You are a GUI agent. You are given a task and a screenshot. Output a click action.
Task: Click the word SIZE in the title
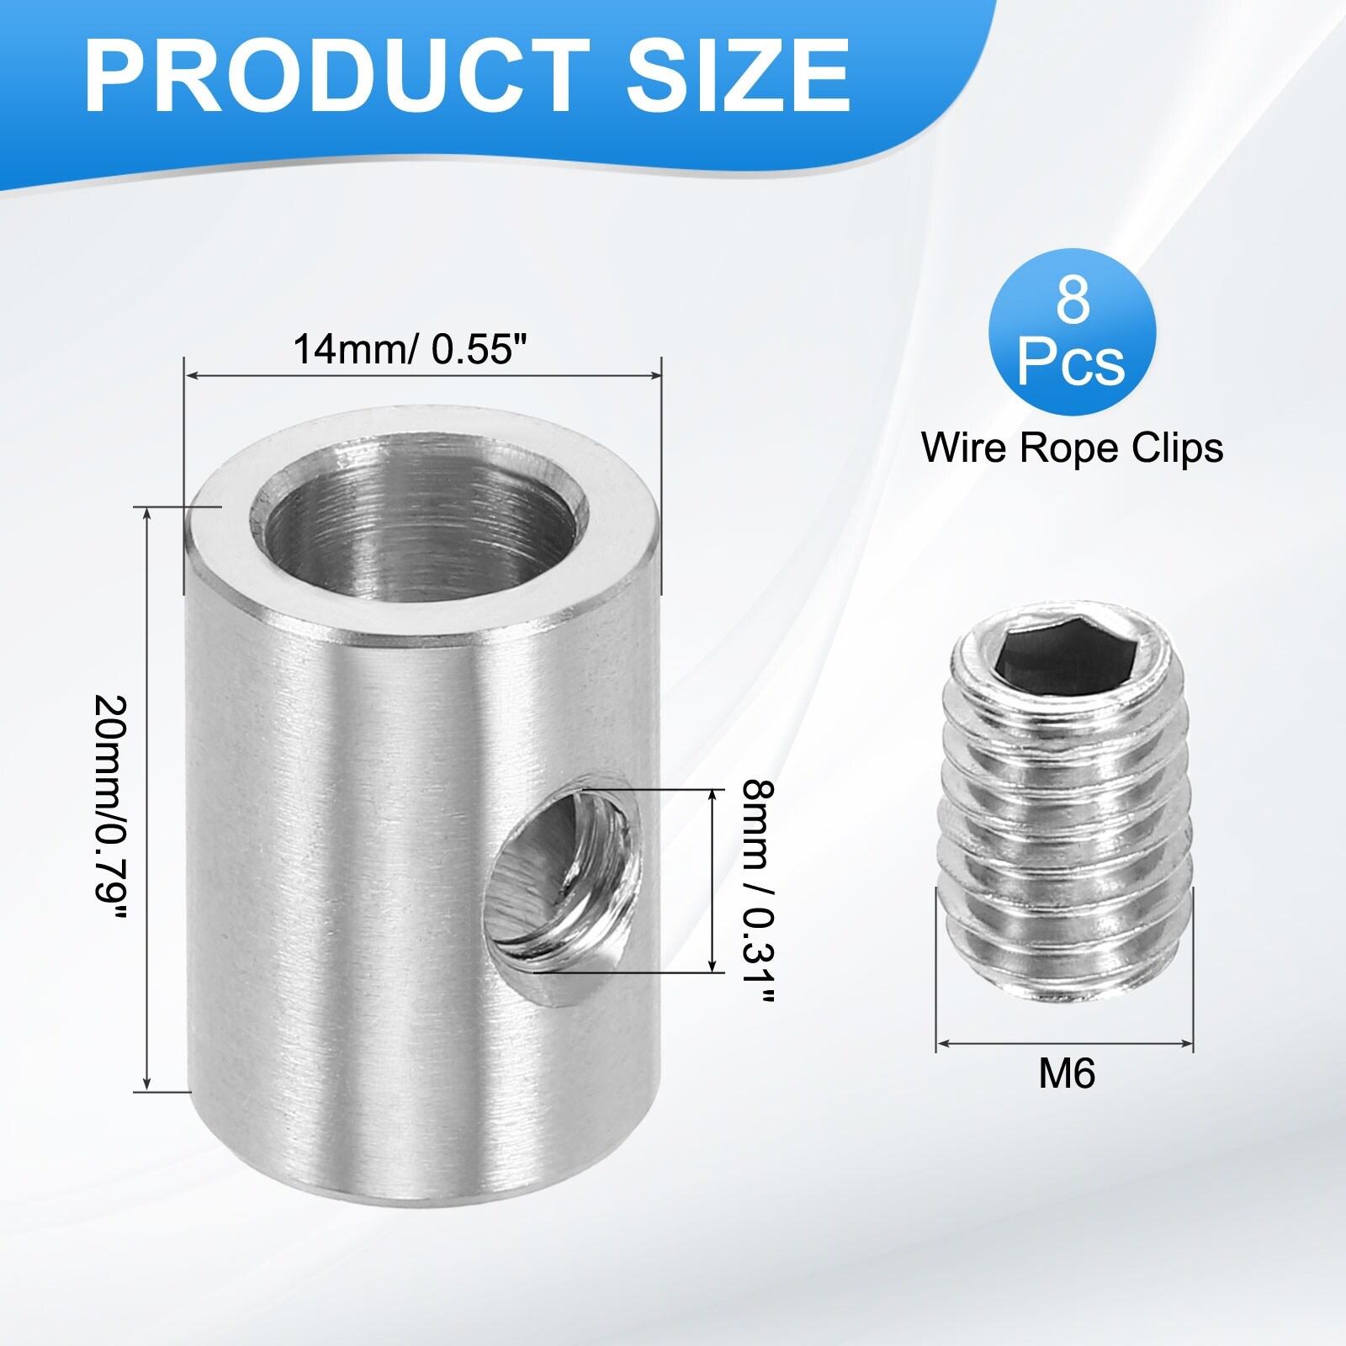click(738, 77)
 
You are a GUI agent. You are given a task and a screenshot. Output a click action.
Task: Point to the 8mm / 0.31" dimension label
click(758, 892)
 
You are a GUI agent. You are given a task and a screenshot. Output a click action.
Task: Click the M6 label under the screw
click(1066, 1074)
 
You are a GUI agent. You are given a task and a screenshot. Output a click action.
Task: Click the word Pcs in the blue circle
click(1071, 363)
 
